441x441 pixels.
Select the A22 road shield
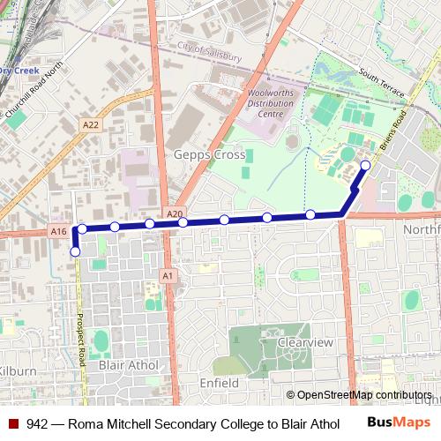pyautogui.click(x=91, y=125)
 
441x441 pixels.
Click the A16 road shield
pyautogui.click(x=58, y=231)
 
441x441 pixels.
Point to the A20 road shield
pyautogui.click(x=174, y=213)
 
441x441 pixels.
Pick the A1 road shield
pyautogui.click(x=167, y=276)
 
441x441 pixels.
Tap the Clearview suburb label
pyautogui.click(x=305, y=342)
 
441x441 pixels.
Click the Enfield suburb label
pyautogui.click(x=218, y=384)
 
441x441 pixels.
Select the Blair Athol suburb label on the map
pyautogui.click(x=129, y=365)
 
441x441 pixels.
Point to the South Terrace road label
pyautogui.click(x=380, y=86)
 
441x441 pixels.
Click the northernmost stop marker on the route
pyautogui.click(x=365, y=164)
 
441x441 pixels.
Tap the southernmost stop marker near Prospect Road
pyautogui.click(x=75, y=252)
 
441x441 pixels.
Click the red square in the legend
pyautogui.click(x=14, y=423)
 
